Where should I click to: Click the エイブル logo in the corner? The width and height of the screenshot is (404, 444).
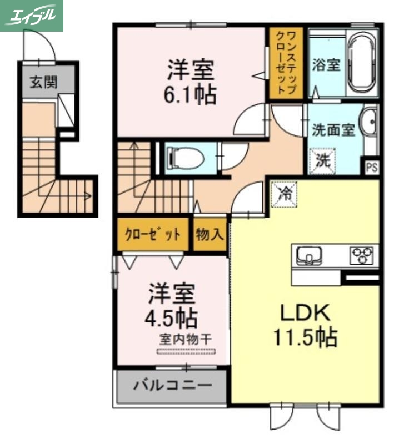point(32,15)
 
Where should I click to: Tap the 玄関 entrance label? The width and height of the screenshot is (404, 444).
point(43,83)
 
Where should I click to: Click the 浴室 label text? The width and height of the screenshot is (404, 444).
point(326,64)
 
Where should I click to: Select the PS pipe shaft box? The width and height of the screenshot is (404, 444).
point(371,167)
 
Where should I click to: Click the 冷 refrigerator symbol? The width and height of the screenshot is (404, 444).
point(284,195)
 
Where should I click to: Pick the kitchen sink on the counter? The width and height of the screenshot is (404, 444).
point(307,256)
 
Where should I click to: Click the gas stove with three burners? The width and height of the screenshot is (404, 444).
point(361,256)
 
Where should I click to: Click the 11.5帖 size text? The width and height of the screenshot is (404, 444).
point(305,336)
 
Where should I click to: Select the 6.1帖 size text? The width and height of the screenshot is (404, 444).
point(189,95)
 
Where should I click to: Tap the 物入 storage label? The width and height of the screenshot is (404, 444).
point(209,234)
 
